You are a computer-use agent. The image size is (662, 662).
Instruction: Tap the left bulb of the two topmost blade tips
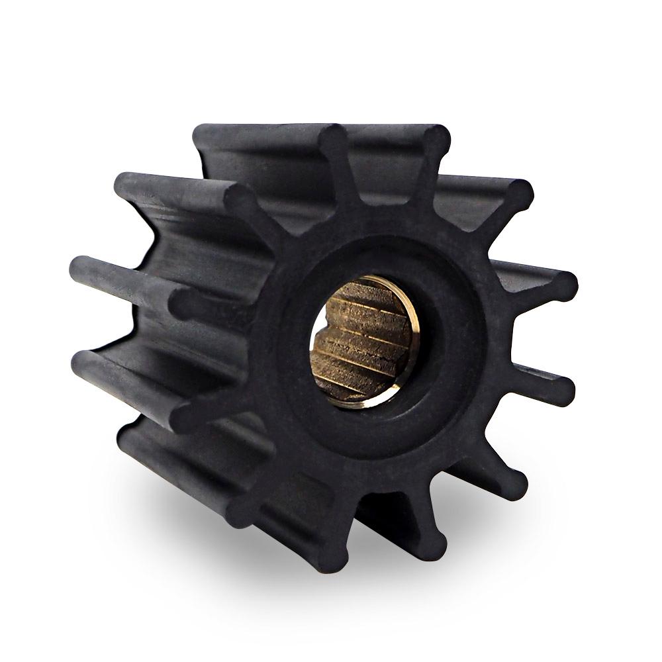[x=331, y=139]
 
